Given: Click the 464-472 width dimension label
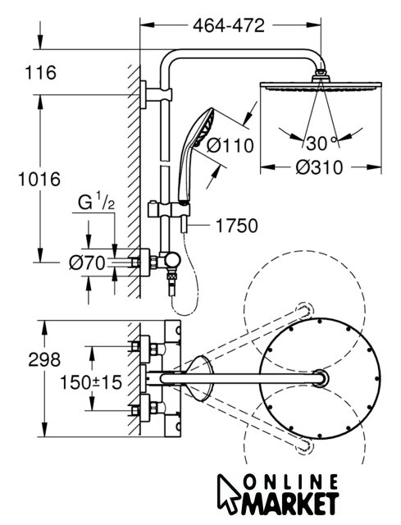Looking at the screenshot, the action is pos(229,25).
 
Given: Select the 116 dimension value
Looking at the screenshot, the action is pos(41,72).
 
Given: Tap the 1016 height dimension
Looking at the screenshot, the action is pos(39,179).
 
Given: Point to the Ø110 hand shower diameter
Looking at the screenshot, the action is pos(230,145).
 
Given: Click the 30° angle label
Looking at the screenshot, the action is pos(321,144).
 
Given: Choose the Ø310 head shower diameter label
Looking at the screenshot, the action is pos(320,167).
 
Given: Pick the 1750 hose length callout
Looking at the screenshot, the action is pos(237,226).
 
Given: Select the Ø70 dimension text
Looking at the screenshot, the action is pos(87,262).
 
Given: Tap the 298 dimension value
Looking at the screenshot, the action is pos(44,359).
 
